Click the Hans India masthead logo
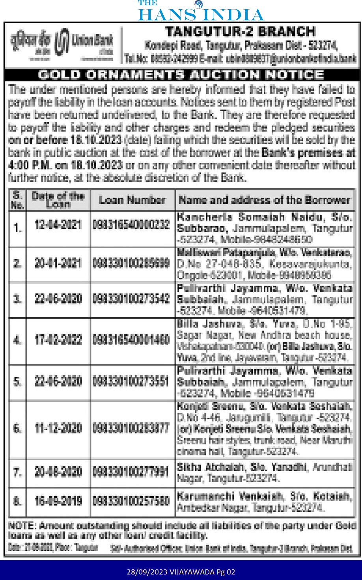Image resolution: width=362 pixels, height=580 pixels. [201, 11]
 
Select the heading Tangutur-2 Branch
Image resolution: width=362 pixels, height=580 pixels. [240, 32]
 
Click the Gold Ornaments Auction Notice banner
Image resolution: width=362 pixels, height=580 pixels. [181, 75]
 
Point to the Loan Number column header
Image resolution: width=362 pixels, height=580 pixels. [132, 200]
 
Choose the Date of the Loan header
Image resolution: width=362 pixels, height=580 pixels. [58, 200]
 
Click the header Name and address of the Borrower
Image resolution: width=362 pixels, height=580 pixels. [264, 200]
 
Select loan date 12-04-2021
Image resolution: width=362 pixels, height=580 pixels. [58, 225]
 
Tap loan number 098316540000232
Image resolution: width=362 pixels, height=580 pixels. [131, 225]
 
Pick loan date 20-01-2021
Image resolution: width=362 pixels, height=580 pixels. [58, 263]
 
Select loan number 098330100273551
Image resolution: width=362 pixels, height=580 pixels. [131, 381]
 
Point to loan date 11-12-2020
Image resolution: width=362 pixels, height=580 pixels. [58, 428]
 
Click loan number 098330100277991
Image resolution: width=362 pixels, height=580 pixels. [131, 472]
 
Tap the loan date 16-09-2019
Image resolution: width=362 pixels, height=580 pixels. [58, 501]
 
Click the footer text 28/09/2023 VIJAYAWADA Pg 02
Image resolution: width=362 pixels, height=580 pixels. [181, 572]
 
